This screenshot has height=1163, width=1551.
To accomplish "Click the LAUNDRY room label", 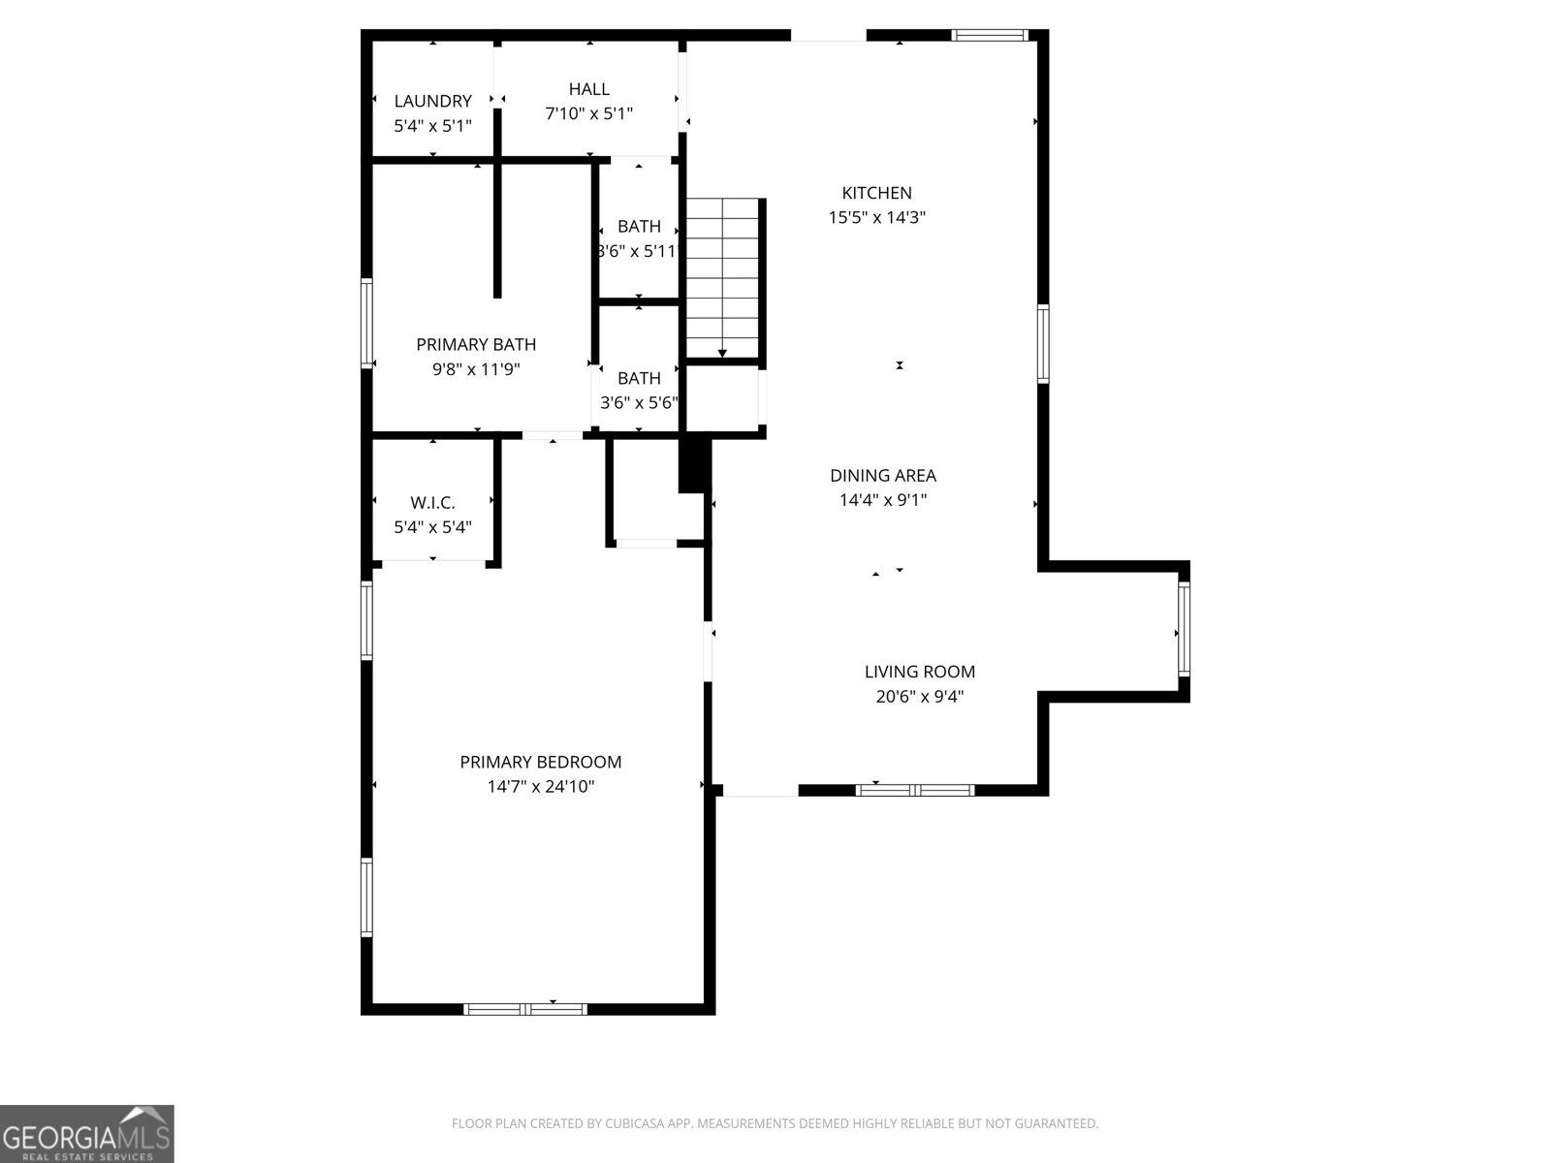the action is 432,101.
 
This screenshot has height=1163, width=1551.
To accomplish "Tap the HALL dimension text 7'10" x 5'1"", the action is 588,113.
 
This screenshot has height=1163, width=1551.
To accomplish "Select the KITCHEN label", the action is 876,193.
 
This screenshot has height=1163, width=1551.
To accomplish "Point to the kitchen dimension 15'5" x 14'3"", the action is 876,217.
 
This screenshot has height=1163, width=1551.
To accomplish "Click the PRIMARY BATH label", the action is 476,345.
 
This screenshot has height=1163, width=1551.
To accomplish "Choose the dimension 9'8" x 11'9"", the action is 476,369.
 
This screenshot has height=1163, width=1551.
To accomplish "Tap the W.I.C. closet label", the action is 432,503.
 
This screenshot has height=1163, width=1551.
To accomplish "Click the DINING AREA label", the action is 882,476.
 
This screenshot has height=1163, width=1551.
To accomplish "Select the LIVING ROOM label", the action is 919,672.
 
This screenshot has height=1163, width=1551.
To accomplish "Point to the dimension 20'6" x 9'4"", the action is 919,697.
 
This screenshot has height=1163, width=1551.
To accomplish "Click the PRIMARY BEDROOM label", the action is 541,762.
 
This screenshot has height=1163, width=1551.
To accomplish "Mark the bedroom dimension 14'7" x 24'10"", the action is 541,787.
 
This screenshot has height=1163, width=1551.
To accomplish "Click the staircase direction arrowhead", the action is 722,353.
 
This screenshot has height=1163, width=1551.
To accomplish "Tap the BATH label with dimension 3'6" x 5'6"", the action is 639,379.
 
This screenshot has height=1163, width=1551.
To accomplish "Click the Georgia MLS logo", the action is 87,1134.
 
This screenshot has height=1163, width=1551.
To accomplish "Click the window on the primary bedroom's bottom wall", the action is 525,1009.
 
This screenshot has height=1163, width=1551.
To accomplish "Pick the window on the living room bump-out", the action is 1185,628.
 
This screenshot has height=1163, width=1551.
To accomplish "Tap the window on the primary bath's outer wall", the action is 366,324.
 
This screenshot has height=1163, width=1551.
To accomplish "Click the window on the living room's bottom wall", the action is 915,790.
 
